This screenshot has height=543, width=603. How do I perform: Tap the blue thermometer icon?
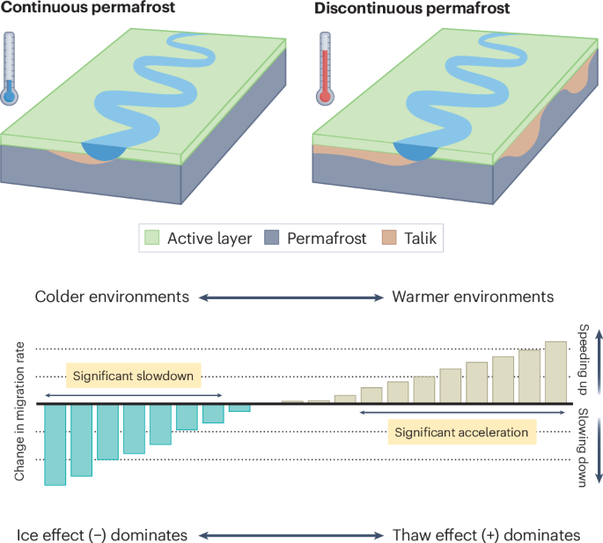coord(10,69)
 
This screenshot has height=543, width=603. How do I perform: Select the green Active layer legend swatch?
coord(152,238)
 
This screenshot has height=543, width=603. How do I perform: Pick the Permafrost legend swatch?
coord(273,238)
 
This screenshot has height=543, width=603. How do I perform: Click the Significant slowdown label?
coord(134,375)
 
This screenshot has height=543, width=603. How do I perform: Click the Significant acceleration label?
coord(461,432)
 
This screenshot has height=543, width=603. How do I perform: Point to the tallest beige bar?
coord(555,371)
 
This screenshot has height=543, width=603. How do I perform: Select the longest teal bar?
coord(55,444)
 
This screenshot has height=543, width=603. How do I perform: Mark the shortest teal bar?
coord(239,407)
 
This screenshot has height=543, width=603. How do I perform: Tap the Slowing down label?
coord(582,445)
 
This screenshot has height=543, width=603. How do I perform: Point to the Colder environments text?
coord(112,297)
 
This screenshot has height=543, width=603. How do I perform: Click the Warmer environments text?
coord(473,297)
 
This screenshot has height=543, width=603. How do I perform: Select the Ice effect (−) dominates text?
coord(102,534)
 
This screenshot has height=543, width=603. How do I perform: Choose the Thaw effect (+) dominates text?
coord(485,534)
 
